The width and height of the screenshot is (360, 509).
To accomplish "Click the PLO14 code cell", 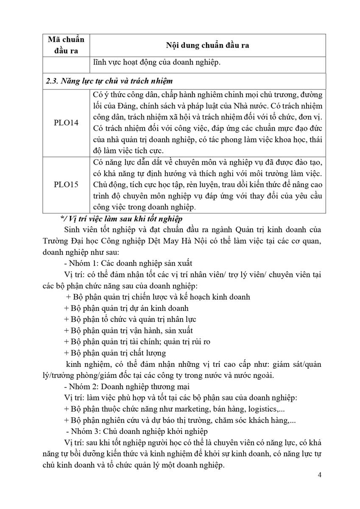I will point(66,126).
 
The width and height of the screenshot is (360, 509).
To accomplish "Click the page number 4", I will point(319,475).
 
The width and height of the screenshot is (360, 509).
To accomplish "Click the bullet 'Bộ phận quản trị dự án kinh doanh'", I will point(126,308).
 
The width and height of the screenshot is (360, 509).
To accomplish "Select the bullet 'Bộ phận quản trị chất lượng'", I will point(115,353).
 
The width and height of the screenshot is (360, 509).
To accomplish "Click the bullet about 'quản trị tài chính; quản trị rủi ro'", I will point(137,341).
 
